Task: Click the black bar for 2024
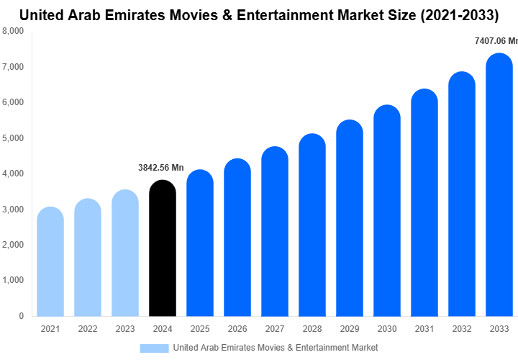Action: coord(162,248)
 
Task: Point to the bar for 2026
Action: coord(237,238)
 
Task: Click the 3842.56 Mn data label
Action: coord(161,168)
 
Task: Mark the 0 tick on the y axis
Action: coord(21,316)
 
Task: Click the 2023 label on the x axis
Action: coord(125,329)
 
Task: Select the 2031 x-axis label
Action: coord(424,329)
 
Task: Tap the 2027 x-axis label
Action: coord(275,329)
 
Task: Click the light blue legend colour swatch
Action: coord(153,348)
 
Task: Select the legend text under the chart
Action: coord(275,348)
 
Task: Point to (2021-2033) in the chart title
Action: coord(459,14)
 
